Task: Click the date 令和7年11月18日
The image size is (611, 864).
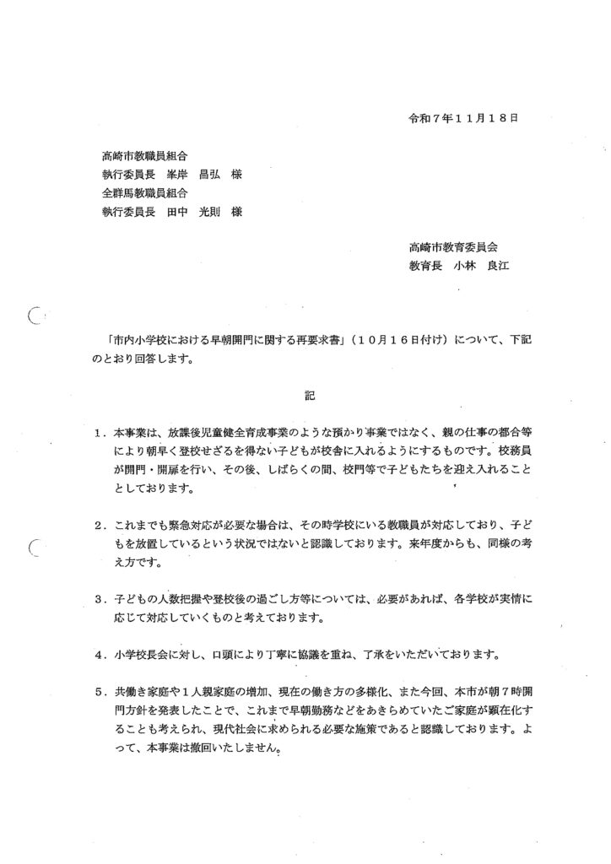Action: point(460,118)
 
